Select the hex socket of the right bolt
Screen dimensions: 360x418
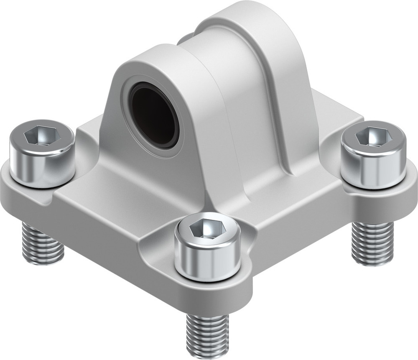pos(373,137)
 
